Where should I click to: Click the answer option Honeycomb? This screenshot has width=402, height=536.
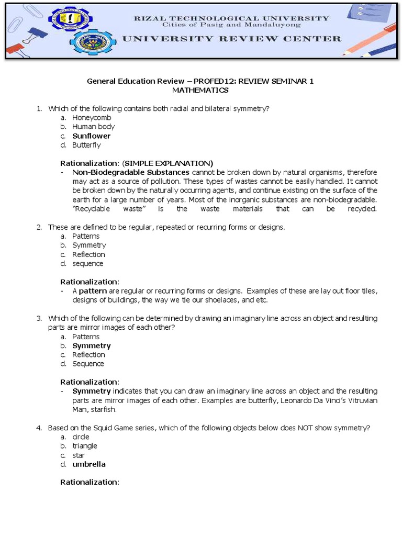[92, 117]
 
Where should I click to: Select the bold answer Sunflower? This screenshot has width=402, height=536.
[91, 136]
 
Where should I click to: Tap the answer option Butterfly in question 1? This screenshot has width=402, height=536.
[86, 145]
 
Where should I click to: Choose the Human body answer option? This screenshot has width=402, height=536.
[93, 127]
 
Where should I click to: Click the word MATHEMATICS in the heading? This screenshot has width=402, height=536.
[200, 90]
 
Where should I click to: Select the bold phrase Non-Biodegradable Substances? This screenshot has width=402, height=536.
[131, 172]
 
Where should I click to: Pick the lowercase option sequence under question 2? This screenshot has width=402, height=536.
[87, 264]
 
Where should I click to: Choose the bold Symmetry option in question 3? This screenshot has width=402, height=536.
[91, 346]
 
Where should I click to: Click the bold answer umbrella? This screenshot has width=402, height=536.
[88, 464]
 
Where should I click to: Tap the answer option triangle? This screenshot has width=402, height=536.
[85, 446]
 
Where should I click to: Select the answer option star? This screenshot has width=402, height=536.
[79, 455]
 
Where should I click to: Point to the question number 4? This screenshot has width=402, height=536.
[39, 428]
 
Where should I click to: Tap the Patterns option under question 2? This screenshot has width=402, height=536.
[86, 236]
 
